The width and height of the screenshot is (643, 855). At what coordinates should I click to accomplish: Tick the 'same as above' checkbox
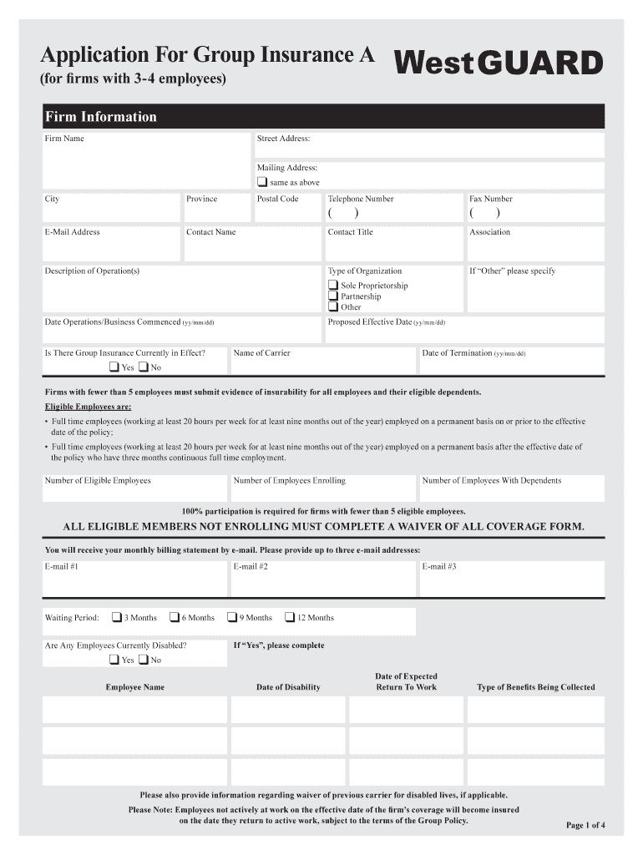point(262,182)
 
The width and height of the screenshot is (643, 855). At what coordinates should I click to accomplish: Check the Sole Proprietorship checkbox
point(333,286)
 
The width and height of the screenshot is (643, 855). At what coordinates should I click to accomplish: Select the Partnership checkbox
point(333,296)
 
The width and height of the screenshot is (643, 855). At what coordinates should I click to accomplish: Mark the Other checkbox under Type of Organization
point(333,307)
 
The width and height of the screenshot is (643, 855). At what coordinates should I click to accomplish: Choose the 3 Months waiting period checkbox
point(117,618)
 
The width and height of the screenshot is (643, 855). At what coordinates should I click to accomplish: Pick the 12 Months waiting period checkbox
point(290,618)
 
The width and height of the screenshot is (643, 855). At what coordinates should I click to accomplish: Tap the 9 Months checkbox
point(232,618)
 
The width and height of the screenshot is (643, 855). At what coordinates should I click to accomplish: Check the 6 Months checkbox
point(175,618)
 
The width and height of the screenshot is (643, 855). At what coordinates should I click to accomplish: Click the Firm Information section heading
point(101,117)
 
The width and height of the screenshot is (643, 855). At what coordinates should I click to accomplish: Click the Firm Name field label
point(64,139)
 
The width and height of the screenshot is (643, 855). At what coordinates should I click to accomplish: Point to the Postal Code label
point(277,199)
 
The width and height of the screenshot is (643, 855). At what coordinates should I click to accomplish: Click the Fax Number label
point(491,199)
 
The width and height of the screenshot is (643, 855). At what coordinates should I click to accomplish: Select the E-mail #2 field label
point(251,566)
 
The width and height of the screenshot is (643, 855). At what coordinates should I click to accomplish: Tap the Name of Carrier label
point(262,353)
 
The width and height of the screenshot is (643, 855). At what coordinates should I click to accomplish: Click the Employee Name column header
point(134,687)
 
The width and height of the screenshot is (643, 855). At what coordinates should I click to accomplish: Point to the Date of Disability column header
point(288,687)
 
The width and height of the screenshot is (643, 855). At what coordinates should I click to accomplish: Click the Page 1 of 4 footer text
point(585,826)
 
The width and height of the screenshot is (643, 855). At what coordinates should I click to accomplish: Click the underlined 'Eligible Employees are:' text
point(88,407)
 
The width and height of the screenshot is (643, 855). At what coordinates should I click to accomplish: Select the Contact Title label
point(351,232)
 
